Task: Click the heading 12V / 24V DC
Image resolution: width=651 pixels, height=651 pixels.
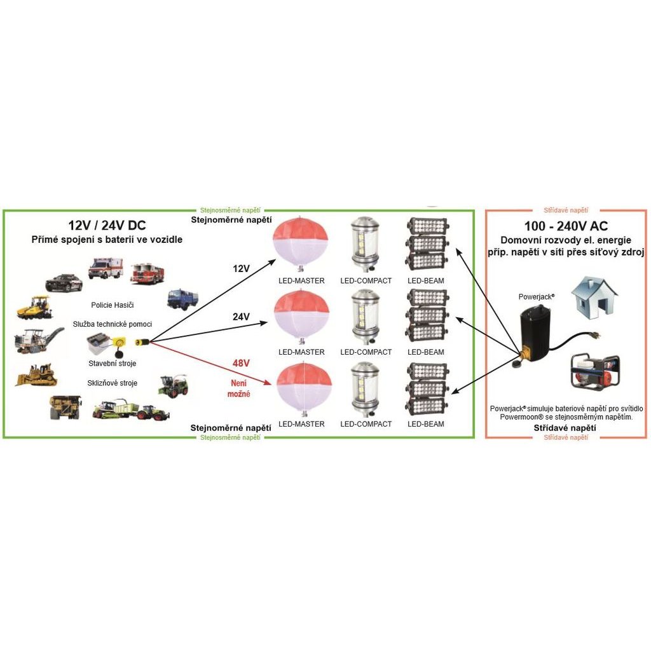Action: [107, 226]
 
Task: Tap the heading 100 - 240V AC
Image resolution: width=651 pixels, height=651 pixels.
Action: [566, 226]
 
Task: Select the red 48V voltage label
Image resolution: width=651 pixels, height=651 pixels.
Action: [241, 363]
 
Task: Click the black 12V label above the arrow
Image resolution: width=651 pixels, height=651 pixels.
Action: [241, 269]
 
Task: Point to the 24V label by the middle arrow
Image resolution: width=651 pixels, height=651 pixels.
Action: [241, 317]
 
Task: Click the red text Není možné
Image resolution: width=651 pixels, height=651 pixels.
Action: [239, 388]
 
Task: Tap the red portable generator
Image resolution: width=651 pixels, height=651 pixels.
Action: [595, 371]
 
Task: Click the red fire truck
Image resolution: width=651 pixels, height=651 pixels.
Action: [147, 274]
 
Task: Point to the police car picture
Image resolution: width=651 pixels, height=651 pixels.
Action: [64, 283]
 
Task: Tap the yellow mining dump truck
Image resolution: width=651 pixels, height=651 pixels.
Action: [65, 406]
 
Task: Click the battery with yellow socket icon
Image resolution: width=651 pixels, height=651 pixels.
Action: [106, 344]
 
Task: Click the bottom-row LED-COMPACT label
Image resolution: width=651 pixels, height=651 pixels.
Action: [366, 424]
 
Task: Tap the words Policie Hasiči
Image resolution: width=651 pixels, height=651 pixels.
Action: [113, 305]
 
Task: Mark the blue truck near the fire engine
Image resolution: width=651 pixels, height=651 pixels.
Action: [182, 299]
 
